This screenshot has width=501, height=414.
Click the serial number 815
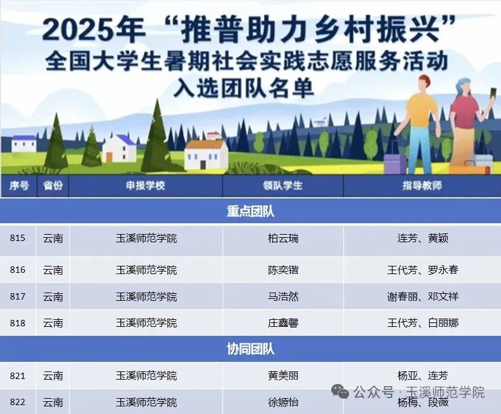click(x=18, y=238)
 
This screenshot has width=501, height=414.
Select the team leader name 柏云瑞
click(x=283, y=238)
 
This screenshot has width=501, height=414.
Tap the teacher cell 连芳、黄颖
click(x=423, y=238)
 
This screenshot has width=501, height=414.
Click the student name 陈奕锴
click(x=283, y=270)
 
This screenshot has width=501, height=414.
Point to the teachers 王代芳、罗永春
click(x=423, y=270)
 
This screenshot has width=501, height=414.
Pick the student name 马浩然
click(x=283, y=296)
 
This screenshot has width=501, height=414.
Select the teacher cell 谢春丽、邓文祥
click(x=423, y=296)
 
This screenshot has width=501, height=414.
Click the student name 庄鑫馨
click(x=283, y=323)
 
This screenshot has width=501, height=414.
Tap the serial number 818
click(x=18, y=323)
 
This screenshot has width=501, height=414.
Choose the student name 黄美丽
click(x=283, y=376)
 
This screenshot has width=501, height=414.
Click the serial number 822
click(x=18, y=403)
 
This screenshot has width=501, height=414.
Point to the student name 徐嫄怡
click(x=283, y=403)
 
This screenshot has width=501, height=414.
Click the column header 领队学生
click(x=283, y=186)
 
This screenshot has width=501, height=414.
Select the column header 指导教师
click(x=422, y=186)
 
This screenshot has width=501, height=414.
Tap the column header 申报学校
click(x=146, y=186)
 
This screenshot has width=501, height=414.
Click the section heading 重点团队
click(x=251, y=211)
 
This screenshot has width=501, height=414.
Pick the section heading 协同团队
click(x=251, y=349)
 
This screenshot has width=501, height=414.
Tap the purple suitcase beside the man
click(x=395, y=163)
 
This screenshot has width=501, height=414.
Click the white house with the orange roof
click(x=206, y=153)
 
